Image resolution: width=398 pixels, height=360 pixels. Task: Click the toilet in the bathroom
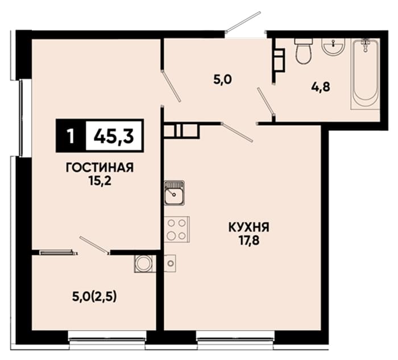[x=303, y=51]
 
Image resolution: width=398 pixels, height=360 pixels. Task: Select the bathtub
[x=365, y=74]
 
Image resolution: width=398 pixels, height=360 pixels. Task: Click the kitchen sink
[x=174, y=193]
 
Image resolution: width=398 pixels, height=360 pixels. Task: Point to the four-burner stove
[x=177, y=229]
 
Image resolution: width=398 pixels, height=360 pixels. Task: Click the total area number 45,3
[x=114, y=136]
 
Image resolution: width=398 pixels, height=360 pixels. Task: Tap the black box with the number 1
[x=71, y=135]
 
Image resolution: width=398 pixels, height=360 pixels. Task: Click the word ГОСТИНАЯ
[x=100, y=168]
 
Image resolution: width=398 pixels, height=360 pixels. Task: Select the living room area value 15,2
[x=100, y=181]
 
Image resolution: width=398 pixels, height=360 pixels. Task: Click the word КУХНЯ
[x=249, y=227]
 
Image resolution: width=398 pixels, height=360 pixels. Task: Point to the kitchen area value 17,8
[x=249, y=241]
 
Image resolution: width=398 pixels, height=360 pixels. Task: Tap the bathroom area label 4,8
[x=321, y=87]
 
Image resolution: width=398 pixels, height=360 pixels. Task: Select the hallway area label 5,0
[x=223, y=80]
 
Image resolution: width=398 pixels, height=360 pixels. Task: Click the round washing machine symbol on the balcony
[x=144, y=263]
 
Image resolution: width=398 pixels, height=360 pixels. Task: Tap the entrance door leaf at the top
[x=243, y=22]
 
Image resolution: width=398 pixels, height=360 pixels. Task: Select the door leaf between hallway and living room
[x=171, y=86]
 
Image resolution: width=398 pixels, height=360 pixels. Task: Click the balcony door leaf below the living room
[x=94, y=245]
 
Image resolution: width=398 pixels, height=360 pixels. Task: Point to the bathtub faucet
[x=365, y=45]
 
